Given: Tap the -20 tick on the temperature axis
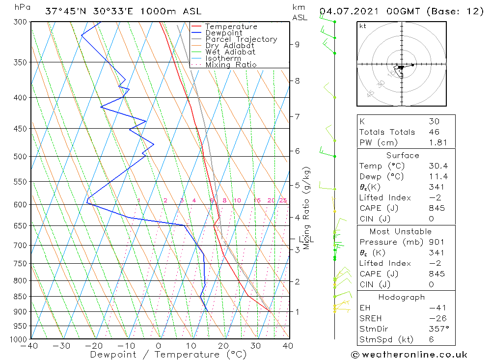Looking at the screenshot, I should pyautogui.click(x=94, y=346).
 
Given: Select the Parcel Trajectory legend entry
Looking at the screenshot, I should pyautogui.click(x=241, y=39).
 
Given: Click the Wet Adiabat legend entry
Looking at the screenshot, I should pyautogui.click(x=230, y=52).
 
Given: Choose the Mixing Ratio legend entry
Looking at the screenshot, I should pyautogui.click(x=231, y=64).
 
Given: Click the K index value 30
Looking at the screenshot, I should pyautogui.click(x=434, y=121).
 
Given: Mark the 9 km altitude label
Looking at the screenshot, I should pyautogui.click(x=297, y=44).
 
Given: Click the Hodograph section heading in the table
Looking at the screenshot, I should pyautogui.click(x=402, y=297).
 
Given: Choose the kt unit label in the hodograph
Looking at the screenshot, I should pyautogui.click(x=363, y=26).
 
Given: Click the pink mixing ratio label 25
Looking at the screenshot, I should pyautogui.click(x=283, y=200).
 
